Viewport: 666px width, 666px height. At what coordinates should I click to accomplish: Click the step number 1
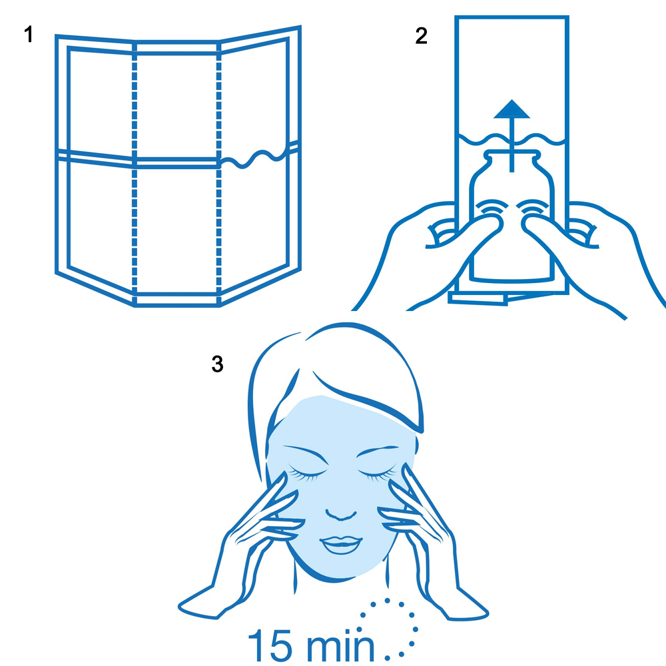click(29, 34)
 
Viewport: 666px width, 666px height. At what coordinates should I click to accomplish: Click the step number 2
click(421, 36)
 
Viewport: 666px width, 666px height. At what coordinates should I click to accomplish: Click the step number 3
click(218, 364)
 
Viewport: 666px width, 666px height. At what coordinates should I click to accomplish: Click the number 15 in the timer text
click(270, 645)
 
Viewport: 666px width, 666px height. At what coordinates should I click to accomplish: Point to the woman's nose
click(340, 514)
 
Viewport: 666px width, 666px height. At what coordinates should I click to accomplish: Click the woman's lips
click(341, 545)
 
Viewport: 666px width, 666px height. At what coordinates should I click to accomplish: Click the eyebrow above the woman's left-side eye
click(306, 454)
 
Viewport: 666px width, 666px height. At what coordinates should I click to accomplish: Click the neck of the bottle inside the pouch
click(511, 161)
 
